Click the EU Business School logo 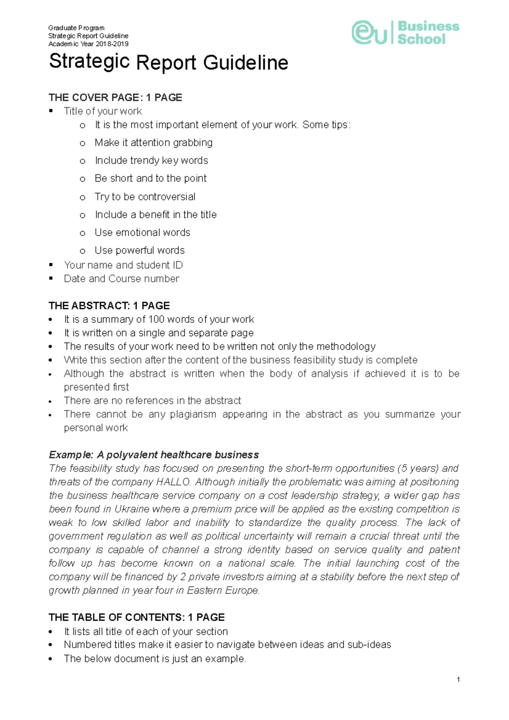405,33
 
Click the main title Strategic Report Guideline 168,62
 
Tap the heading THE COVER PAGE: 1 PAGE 115,98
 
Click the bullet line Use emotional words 142,232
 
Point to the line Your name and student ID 123,265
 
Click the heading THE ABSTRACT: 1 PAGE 109,306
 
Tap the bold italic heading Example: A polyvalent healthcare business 154,455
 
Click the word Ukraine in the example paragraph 132,509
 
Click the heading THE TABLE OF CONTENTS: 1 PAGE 137,617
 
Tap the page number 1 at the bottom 458,680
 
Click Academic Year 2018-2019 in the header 88,44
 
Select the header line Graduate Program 76,28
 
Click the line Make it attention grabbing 153,142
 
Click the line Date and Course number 121,279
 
